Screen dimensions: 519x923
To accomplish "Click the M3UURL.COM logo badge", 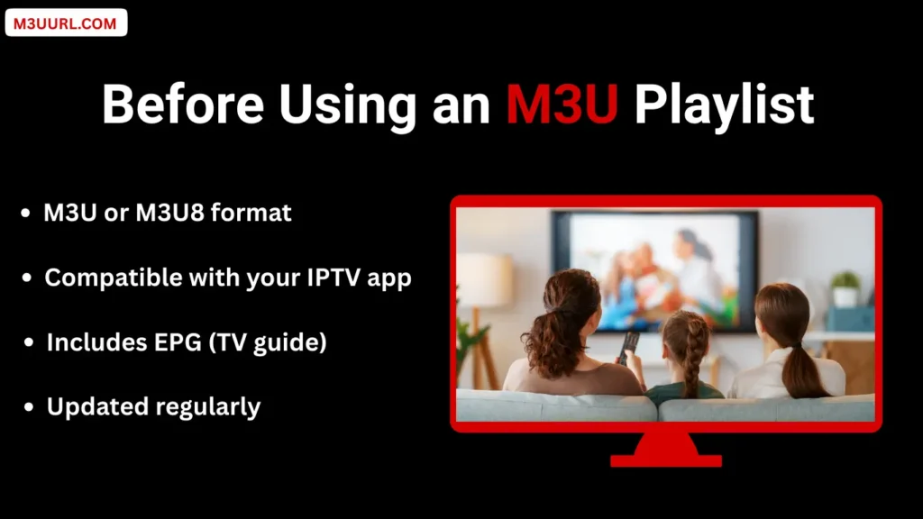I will point(66,23).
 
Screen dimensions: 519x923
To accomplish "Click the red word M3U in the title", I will point(561,105).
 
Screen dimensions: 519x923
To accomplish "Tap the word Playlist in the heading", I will point(724,105).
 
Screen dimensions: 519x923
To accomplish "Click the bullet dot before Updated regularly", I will point(31,408).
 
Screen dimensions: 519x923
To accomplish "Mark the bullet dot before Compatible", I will point(28,278).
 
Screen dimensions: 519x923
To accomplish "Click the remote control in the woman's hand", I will point(628,346).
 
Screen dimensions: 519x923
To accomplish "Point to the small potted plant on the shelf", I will point(845,289).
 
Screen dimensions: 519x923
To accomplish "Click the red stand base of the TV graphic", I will point(665,455).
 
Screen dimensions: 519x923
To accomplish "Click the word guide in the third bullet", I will point(290,342).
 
